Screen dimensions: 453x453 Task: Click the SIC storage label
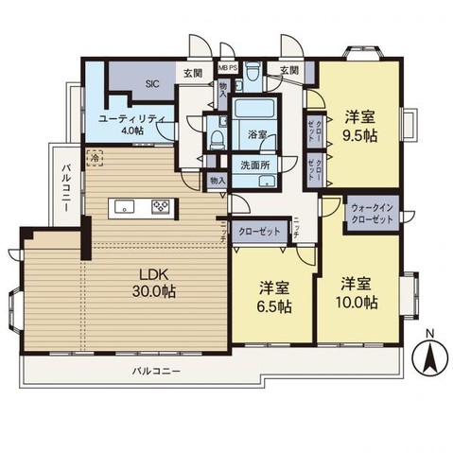pos(151,83)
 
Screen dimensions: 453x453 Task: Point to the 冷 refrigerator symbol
pos(94,160)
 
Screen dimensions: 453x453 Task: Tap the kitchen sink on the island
pos(123,206)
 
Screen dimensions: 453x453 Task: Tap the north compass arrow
pos(428,358)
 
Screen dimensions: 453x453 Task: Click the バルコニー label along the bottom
pos(157,371)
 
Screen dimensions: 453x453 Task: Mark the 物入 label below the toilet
pos(218,180)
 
